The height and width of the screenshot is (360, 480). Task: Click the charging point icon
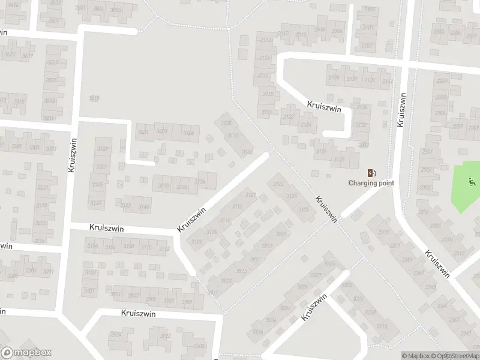click(371, 172)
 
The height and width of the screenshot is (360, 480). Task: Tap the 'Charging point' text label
click(371, 183)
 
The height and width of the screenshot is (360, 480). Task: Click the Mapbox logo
click(26, 353)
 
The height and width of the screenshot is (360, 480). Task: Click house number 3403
click(161, 131)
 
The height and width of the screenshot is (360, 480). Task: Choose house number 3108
click(128, 247)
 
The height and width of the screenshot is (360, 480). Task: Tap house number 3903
click(133, 295)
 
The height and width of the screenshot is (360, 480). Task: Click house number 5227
click(316, 275)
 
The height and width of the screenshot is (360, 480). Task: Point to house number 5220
click(370, 313)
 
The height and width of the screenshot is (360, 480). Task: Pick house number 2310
click(446, 239)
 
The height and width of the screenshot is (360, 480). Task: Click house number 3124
click(292, 196)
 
